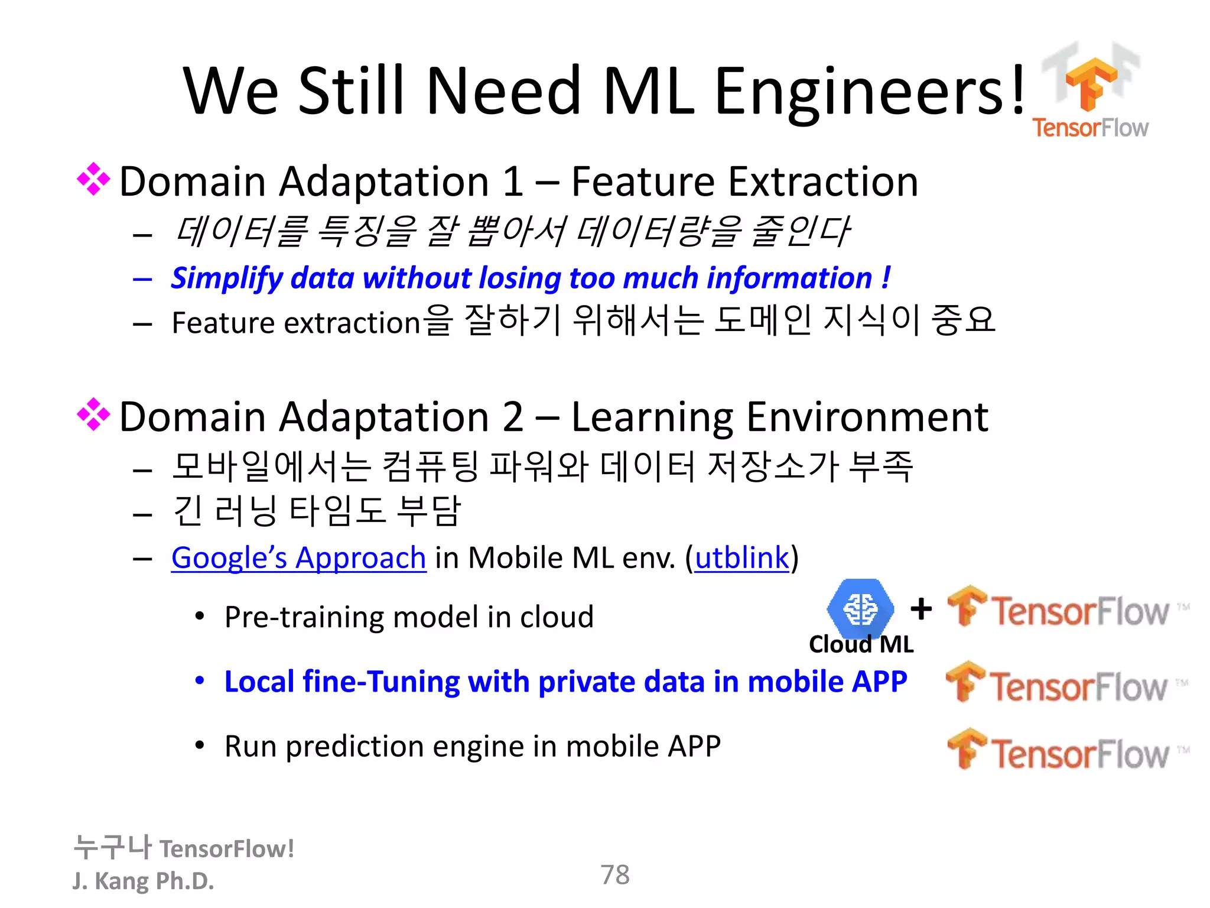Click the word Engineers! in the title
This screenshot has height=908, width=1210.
[870, 92]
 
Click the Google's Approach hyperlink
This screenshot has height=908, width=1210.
[298, 558]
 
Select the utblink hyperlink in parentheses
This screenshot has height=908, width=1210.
[741, 558]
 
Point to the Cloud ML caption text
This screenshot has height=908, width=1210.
[861, 644]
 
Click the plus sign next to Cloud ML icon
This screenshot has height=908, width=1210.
[921, 608]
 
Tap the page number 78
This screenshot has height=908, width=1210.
[615, 875]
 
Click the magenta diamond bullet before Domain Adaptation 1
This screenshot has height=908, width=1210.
[93, 179]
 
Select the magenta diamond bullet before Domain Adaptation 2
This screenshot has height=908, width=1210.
[93, 414]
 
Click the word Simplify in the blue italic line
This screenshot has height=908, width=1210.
[227, 278]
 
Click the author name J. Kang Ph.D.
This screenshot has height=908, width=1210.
[143, 881]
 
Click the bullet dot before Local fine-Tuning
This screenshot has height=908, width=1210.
[200, 681]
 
